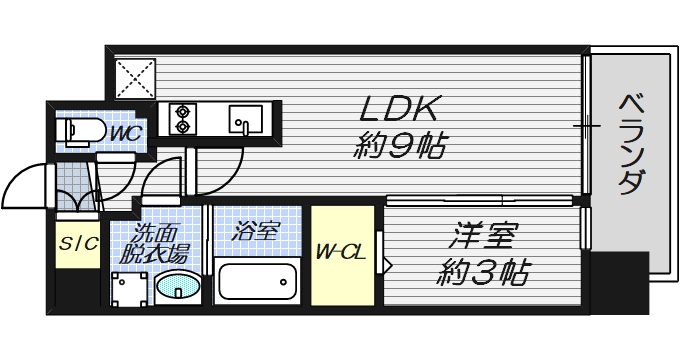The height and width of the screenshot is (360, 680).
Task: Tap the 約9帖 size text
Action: [x=400, y=147]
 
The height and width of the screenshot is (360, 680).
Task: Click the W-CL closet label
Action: [x=340, y=252]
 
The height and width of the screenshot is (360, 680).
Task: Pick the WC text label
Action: [x=123, y=131]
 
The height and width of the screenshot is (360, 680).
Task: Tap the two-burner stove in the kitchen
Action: [x=184, y=119]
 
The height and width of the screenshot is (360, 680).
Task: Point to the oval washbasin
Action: [x=180, y=288]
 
